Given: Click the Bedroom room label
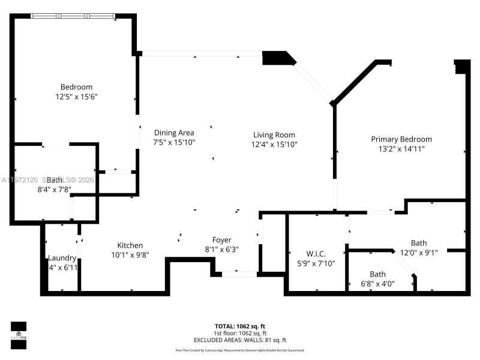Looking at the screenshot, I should pyautogui.click(x=76, y=86).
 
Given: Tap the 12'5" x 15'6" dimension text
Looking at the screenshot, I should pyautogui.click(x=76, y=96).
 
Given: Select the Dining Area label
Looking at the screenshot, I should pyautogui.click(x=174, y=133).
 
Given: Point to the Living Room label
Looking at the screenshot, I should pyautogui.click(x=274, y=135).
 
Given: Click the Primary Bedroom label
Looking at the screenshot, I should pyautogui.click(x=401, y=139).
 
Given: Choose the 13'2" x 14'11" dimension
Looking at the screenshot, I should pyautogui.click(x=401, y=149).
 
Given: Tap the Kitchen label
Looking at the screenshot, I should pyautogui.click(x=130, y=245).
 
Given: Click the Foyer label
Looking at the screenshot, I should pyautogui.click(x=222, y=240).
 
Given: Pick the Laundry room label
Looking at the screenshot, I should pyautogui.click(x=62, y=258).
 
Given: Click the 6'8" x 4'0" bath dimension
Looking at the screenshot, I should pyautogui.click(x=377, y=284).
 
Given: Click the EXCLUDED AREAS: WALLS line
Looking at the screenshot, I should pyautogui.click(x=240, y=340).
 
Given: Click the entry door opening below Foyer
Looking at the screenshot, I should pyautogui.click(x=239, y=274).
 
